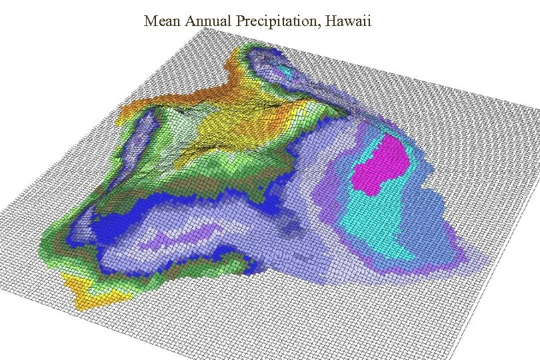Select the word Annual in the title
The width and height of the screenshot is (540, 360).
point(209,21)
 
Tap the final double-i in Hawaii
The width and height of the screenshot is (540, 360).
point(367,21)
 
